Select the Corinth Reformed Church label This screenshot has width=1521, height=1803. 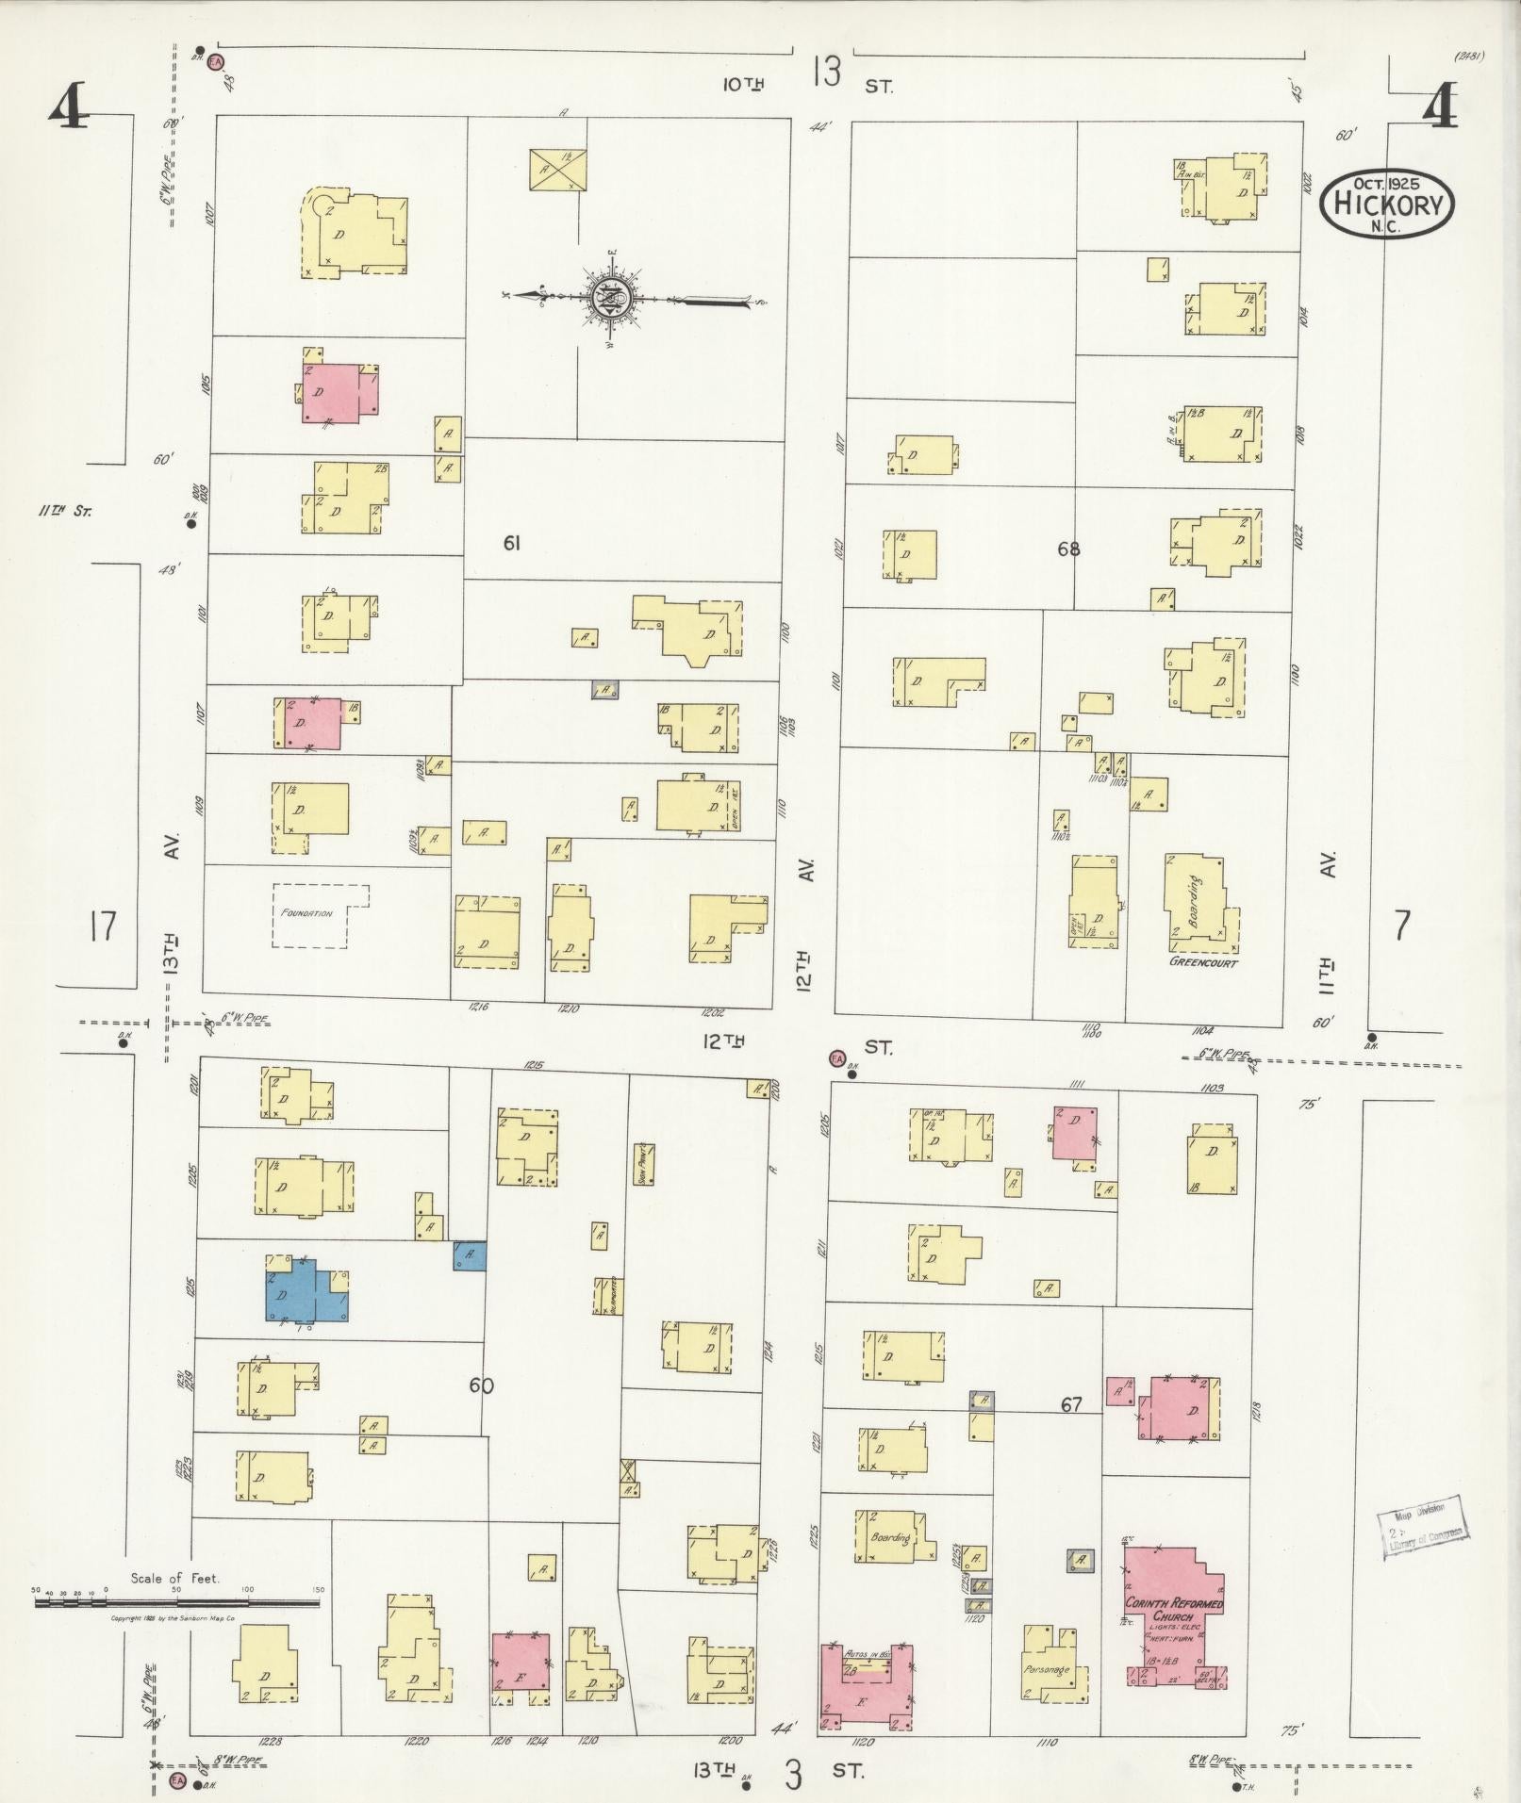[x=1173, y=1609]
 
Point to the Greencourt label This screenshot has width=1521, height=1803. [x=1202, y=963]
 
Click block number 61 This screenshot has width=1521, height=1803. [x=512, y=543]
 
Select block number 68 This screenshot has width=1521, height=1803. [x=1067, y=549]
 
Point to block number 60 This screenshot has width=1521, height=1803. [x=481, y=1385]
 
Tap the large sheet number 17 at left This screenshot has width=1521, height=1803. [x=102, y=926]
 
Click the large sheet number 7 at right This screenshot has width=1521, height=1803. [x=1402, y=926]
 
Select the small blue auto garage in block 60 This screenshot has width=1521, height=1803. [x=469, y=1255]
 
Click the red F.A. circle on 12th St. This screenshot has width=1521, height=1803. [x=835, y=1057]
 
